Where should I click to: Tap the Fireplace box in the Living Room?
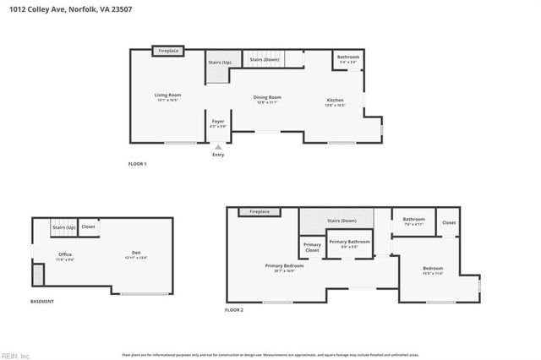[x=169, y=52]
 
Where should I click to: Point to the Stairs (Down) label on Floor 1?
[x=265, y=59]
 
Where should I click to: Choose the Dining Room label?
[x=267, y=99]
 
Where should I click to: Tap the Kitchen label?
[x=336, y=101]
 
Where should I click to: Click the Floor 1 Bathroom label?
[x=347, y=58]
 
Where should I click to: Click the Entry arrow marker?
[x=218, y=147]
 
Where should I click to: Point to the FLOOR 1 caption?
[x=138, y=164]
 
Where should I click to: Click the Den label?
[x=135, y=253]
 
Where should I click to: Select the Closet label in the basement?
[x=89, y=226]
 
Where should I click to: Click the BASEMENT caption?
[x=42, y=302]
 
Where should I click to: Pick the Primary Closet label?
[x=312, y=248]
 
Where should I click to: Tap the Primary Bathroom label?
[x=349, y=243]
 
